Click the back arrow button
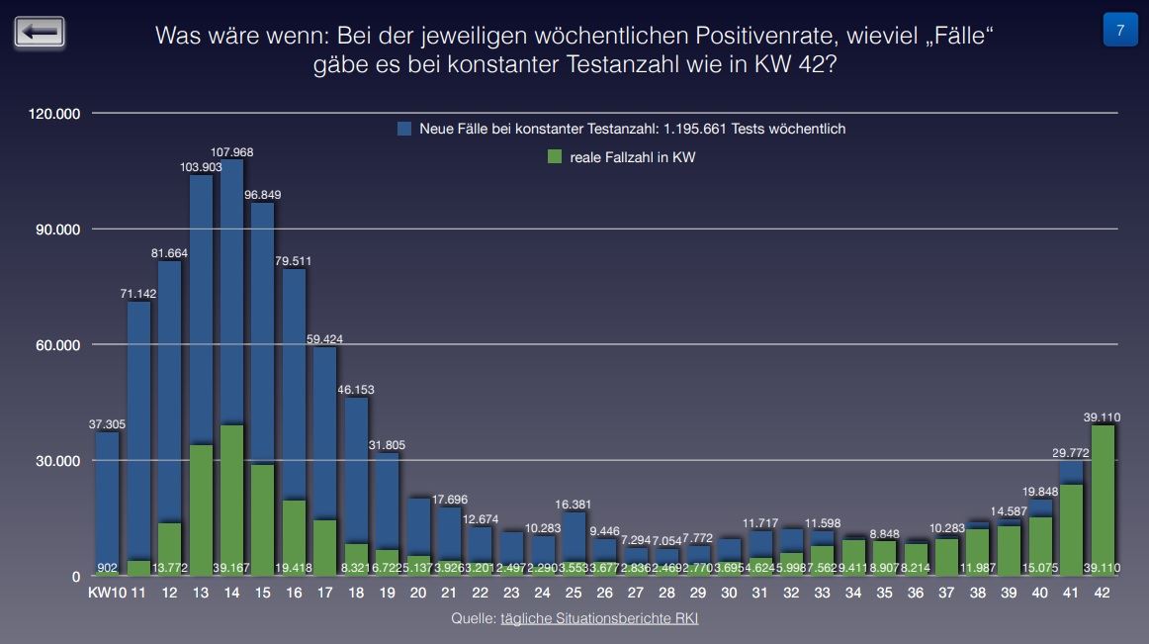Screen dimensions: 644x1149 (x=40, y=32)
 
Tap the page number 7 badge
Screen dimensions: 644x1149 (x=1119, y=31)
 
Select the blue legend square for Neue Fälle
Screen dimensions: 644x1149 (x=404, y=129)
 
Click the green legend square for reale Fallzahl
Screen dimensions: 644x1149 (x=555, y=156)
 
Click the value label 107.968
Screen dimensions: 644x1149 (x=232, y=151)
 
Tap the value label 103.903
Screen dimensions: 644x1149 (x=202, y=167)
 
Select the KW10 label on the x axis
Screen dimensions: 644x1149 (x=106, y=594)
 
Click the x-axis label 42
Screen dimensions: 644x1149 (x=1102, y=594)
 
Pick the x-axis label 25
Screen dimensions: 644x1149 (x=574, y=594)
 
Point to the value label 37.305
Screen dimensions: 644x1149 (x=108, y=424)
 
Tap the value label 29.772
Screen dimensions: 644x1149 (x=1070, y=452)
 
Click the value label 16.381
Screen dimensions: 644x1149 (x=574, y=504)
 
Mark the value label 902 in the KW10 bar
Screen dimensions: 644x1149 (x=108, y=568)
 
